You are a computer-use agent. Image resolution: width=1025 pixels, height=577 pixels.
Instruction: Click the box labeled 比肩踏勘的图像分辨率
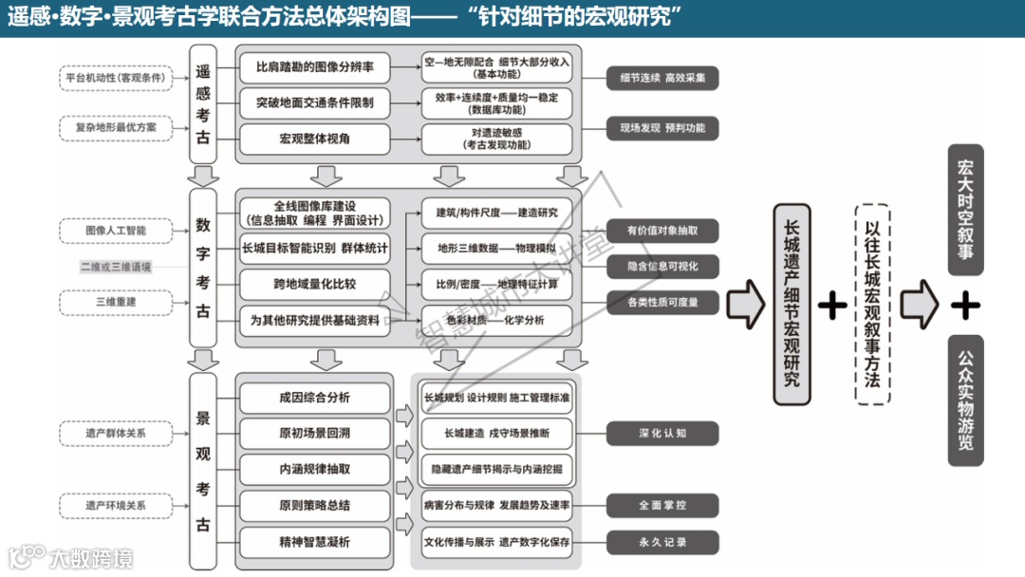pyautogui.click(x=314, y=68)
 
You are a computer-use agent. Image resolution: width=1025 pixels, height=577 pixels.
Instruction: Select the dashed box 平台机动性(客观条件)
pyautogui.click(x=115, y=78)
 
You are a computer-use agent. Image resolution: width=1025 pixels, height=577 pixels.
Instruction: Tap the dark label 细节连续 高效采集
pyautogui.click(x=662, y=78)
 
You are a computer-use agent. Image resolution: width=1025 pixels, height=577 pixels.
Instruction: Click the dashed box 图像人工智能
pyautogui.click(x=115, y=230)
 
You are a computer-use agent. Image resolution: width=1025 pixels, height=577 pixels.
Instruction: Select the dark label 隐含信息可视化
pyautogui.click(x=662, y=266)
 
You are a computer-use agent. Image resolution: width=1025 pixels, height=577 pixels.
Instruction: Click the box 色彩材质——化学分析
pyautogui.click(x=496, y=320)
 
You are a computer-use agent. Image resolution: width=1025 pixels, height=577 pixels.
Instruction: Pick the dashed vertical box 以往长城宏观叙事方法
pyautogui.click(x=872, y=304)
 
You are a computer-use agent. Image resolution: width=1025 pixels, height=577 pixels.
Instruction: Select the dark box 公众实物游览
pyautogui.click(x=965, y=400)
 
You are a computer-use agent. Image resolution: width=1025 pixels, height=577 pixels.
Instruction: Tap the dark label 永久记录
pyautogui.click(x=662, y=542)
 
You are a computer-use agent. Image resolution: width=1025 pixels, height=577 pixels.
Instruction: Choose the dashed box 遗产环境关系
pyautogui.click(x=115, y=506)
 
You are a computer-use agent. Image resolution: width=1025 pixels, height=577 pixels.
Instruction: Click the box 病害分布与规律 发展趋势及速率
pyautogui.click(x=496, y=505)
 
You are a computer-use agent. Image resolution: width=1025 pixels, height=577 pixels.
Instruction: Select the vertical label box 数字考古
pyautogui.click(x=203, y=268)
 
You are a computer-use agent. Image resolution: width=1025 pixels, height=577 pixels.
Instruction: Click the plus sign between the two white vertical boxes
pyautogui.click(x=832, y=304)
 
